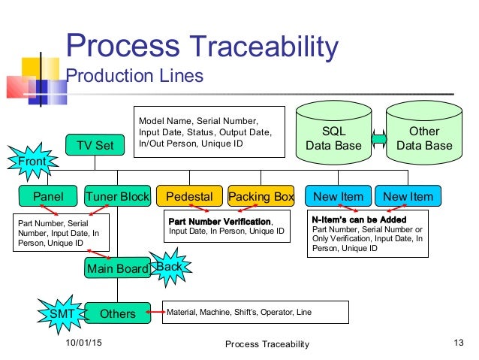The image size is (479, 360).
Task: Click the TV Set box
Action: click(95, 145)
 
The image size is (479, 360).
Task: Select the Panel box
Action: click(49, 197)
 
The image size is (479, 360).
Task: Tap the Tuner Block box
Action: click(117, 197)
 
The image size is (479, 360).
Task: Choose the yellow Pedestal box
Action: click(189, 197)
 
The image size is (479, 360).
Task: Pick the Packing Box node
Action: click(261, 197)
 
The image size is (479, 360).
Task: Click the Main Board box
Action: click(117, 268)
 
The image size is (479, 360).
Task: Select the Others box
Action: click(117, 313)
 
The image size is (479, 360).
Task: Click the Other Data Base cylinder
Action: click(424, 138)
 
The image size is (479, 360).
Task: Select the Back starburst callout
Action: click(169, 266)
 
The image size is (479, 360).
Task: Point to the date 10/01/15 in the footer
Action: click(83, 343)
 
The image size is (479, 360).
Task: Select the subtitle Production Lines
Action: click(135, 76)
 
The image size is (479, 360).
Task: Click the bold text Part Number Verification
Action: click(218, 222)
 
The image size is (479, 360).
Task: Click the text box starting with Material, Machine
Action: click(255, 312)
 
